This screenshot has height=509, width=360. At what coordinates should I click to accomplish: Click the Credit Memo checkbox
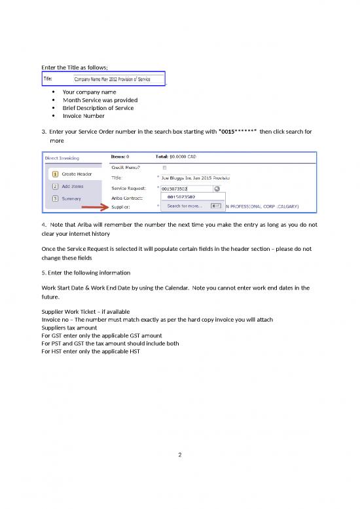(164, 168)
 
